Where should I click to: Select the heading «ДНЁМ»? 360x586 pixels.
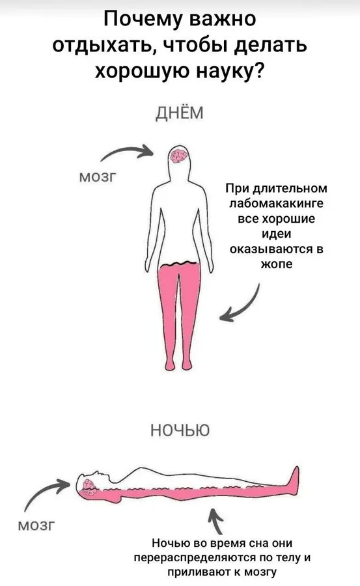point(180,113)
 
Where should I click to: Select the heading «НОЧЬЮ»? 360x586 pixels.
point(180,430)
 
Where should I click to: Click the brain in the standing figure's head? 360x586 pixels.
point(178,156)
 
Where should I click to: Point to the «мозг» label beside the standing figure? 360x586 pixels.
point(98,176)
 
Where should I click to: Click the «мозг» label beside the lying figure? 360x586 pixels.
point(36,525)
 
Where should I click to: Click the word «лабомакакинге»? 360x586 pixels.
point(276,204)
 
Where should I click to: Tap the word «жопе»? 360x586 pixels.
point(276,264)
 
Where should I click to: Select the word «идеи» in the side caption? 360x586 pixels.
point(276,234)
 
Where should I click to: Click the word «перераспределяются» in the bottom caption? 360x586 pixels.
point(195,558)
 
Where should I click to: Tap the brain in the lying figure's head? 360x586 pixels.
point(89,487)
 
